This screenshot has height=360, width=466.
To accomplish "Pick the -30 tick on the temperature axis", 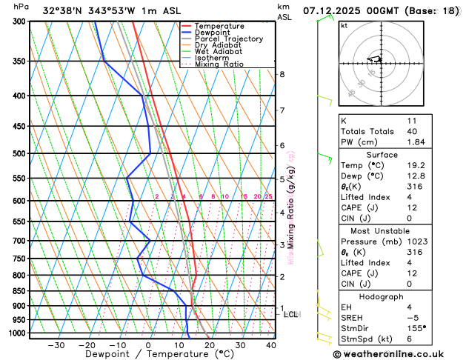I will click(x=56, y=345).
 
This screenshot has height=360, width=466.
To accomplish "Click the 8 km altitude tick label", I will click(x=282, y=75).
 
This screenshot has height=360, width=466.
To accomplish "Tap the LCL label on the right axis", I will click(x=291, y=314).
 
